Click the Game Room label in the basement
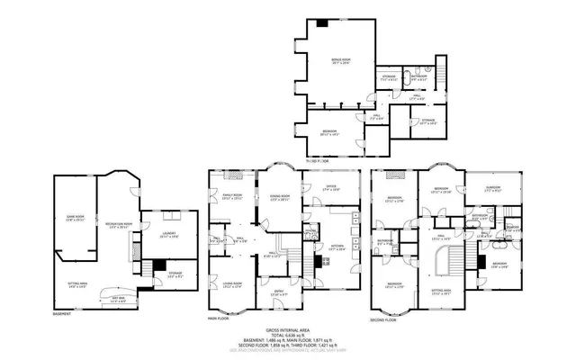point(75,218)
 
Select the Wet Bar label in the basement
point(118,298)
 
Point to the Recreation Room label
point(119,224)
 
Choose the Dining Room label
point(280,197)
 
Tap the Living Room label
point(232,284)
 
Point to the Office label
point(330,188)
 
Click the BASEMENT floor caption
point(62,314)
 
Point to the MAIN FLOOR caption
point(219,319)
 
